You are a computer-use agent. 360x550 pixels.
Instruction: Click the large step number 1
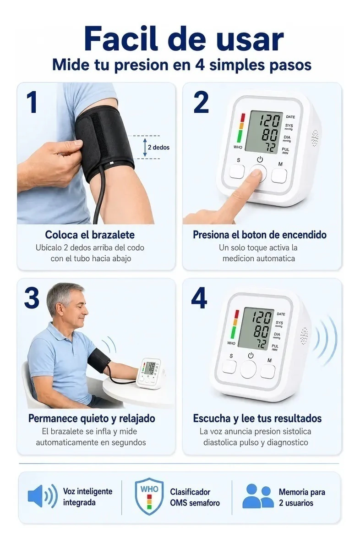pos(33,102)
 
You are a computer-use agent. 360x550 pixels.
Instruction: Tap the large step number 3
pos(32,298)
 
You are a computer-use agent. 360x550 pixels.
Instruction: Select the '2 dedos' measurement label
pos(158,147)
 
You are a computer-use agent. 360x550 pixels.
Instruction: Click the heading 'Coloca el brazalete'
pos(90,235)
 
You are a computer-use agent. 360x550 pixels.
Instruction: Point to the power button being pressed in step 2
pos(258,173)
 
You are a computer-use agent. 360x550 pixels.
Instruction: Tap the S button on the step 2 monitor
pos(237,171)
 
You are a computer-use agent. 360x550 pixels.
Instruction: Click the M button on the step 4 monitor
pos(268,372)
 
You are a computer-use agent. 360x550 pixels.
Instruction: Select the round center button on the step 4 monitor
pos(248,369)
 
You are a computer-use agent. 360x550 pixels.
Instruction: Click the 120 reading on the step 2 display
pos(270,121)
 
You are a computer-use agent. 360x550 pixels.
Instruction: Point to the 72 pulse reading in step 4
pos(261,344)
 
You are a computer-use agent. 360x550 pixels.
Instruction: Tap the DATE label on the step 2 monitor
pos(290,117)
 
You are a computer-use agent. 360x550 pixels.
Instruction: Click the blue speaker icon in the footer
pos(43,496)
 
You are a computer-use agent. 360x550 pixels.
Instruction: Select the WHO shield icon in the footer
pos(149,496)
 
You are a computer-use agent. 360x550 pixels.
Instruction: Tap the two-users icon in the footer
pos(258,496)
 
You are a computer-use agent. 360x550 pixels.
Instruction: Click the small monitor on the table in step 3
pos(149,373)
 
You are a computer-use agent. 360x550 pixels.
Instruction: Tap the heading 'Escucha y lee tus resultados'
pos(257,418)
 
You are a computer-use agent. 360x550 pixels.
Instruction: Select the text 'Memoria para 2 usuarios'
pos(302,497)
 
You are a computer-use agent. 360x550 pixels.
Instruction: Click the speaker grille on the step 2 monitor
pos(315,138)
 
